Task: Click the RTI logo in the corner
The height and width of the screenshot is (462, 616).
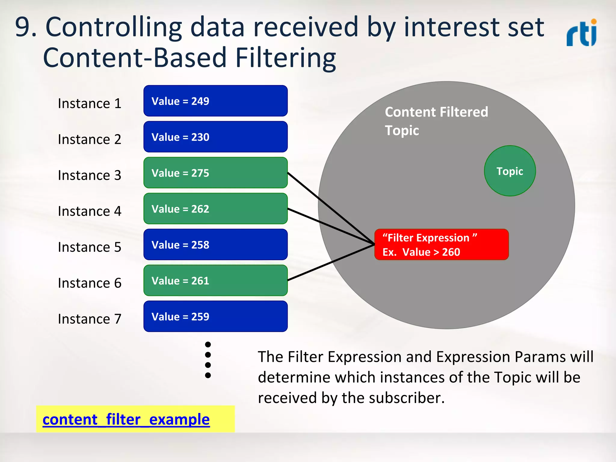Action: point(582,33)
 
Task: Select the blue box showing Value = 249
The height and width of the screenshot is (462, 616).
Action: point(215,101)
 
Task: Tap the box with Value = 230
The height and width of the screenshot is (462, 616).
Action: point(215,137)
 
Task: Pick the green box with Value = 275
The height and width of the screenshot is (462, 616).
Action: point(215,173)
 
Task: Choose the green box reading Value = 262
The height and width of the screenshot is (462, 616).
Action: point(215,209)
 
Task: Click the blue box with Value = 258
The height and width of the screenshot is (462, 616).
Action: point(215,245)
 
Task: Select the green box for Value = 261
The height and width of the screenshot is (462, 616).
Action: point(215,280)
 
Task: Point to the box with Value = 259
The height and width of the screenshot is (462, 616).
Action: point(215,316)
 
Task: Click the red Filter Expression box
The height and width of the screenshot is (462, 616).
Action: point(441,245)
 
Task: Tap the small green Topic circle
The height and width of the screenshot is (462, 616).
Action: point(510,171)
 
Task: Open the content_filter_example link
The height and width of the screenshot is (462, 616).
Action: point(126,419)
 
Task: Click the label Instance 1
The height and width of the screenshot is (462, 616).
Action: point(90,103)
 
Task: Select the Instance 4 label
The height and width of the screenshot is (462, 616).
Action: point(90,211)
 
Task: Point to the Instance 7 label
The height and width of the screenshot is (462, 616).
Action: point(90,319)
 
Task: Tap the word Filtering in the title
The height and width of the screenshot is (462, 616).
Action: point(285,58)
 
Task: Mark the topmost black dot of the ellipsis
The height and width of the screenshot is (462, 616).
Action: point(208,344)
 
